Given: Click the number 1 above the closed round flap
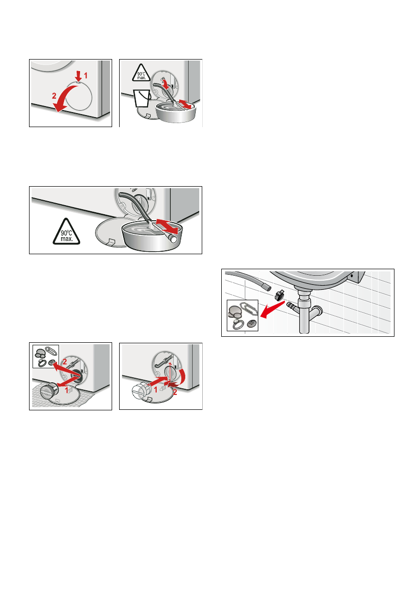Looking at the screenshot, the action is click(x=86, y=76).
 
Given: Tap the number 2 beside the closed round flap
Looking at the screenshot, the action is click(x=54, y=96).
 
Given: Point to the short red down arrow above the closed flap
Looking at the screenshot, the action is click(x=78, y=75).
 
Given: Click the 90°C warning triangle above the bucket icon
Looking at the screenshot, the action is click(x=141, y=73).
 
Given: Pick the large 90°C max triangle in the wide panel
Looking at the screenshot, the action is click(x=67, y=232).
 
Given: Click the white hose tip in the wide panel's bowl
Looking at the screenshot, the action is click(x=173, y=239).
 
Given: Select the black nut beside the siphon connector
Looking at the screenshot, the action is click(x=279, y=295).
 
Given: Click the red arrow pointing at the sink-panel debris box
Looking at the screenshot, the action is click(x=272, y=309).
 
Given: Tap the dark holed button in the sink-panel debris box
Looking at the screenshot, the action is click(x=252, y=324).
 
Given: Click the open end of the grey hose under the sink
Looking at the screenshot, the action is click(x=268, y=287).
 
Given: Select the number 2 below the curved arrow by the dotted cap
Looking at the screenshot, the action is click(x=175, y=393).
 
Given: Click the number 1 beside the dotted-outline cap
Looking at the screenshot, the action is click(x=155, y=390).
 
